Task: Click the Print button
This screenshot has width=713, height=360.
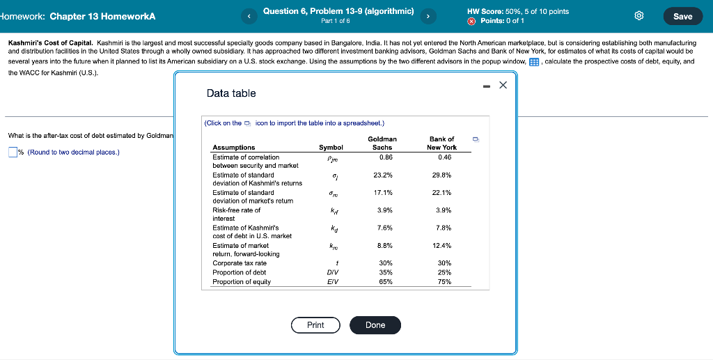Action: [x=315, y=325]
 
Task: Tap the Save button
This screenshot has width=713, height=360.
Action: [x=682, y=17]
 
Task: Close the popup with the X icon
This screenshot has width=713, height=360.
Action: [x=503, y=85]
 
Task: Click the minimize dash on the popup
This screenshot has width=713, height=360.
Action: [x=487, y=86]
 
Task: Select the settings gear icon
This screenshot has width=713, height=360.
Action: [x=639, y=17]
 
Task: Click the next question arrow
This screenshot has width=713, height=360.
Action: [x=428, y=17]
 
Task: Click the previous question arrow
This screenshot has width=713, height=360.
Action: [x=249, y=17]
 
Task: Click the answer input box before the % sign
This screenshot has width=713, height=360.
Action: [x=13, y=152]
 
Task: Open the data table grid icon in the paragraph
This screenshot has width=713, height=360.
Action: [x=534, y=62]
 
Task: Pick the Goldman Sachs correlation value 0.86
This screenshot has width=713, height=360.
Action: [x=386, y=157]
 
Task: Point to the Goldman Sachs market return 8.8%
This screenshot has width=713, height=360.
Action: [x=385, y=245]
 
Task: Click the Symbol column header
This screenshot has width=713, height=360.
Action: [x=331, y=148]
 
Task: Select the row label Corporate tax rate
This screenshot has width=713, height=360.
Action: [x=240, y=263]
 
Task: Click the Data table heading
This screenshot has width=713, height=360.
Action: [x=231, y=93]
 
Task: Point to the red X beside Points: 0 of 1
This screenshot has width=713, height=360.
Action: [x=472, y=21]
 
